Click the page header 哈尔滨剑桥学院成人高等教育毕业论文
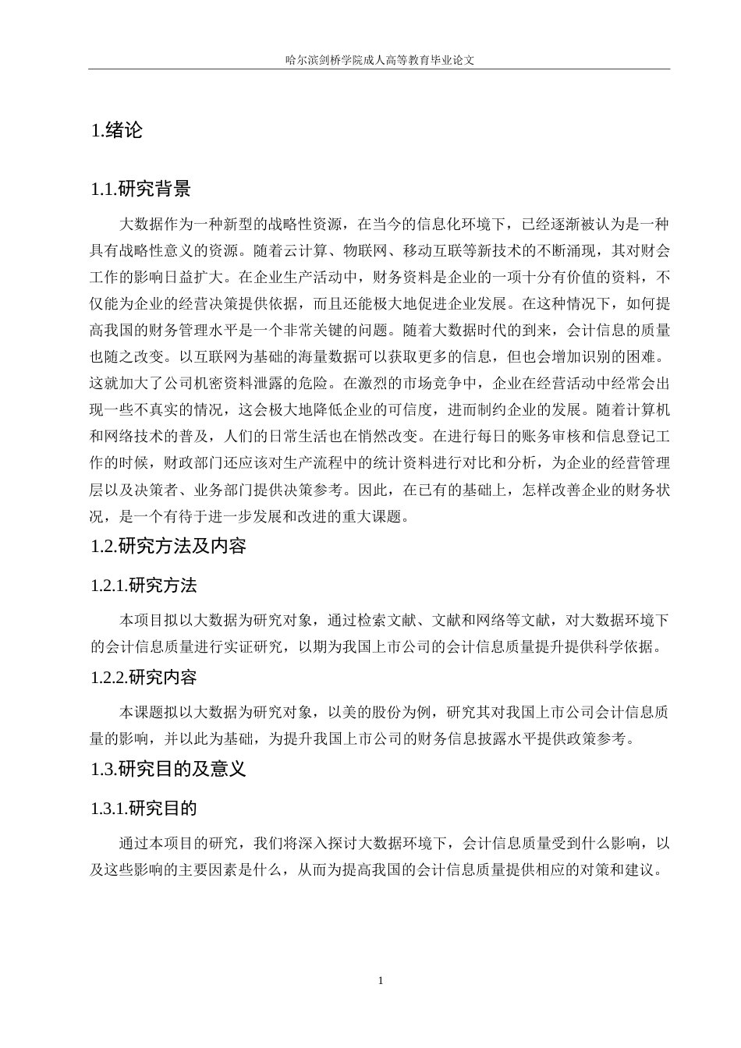pos(380,59)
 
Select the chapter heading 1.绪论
pos(117,130)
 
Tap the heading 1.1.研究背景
pos(140,189)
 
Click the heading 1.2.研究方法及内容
pos(168,546)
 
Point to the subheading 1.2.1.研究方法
pos(144,586)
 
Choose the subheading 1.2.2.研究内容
pos(144,677)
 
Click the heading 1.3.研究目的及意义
pos(168,769)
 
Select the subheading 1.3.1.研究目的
pos(144,808)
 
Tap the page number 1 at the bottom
pos(380,980)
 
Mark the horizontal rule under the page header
pos(380,69)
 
